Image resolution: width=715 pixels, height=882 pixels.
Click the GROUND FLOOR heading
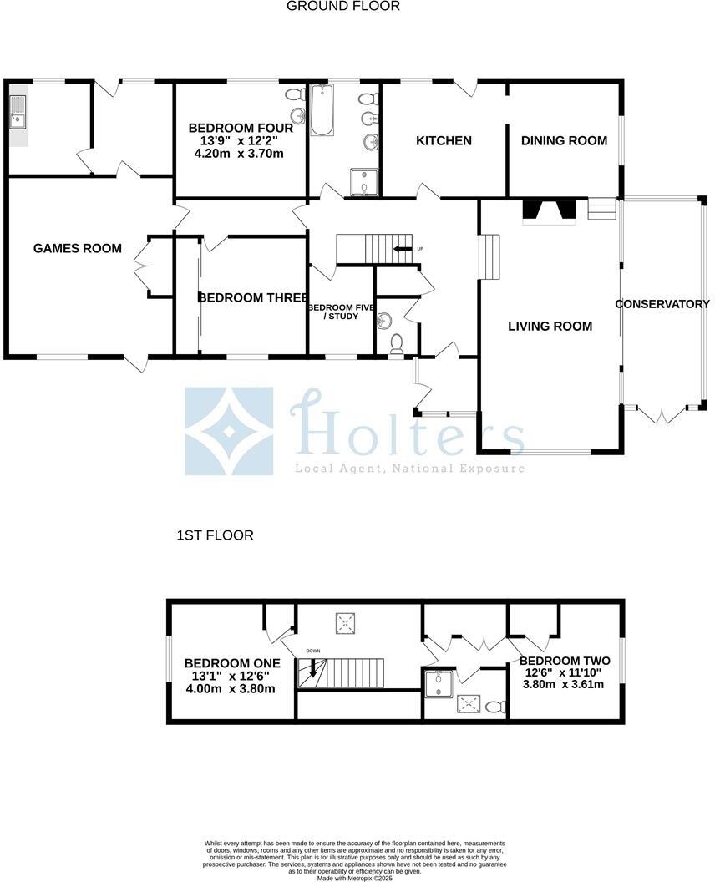click(343, 7)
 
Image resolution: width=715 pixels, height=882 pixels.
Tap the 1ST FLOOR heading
click(215, 535)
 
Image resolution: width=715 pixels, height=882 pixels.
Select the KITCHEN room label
click(444, 141)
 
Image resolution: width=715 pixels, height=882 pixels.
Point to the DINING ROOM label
click(564, 141)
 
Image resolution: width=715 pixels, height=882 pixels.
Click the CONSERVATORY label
click(662, 305)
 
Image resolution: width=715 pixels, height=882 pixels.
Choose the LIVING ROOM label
click(550, 327)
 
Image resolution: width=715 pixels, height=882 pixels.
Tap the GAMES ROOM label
click(78, 249)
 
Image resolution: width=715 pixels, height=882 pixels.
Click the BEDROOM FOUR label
click(241, 129)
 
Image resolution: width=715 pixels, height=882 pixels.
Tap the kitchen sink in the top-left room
click(18, 115)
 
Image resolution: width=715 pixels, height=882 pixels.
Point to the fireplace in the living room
click(549, 212)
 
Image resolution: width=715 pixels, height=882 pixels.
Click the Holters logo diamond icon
click(229, 431)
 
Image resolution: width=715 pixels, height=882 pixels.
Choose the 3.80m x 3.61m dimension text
click(562, 685)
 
